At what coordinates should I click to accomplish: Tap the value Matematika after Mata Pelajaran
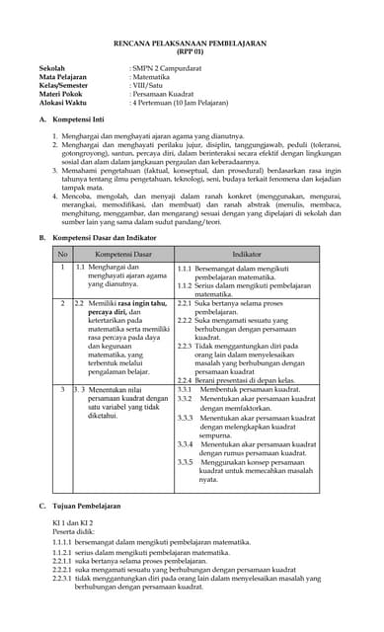pos(155,80)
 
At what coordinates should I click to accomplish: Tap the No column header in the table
pos(62,255)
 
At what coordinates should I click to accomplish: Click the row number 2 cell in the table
pos(62,303)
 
